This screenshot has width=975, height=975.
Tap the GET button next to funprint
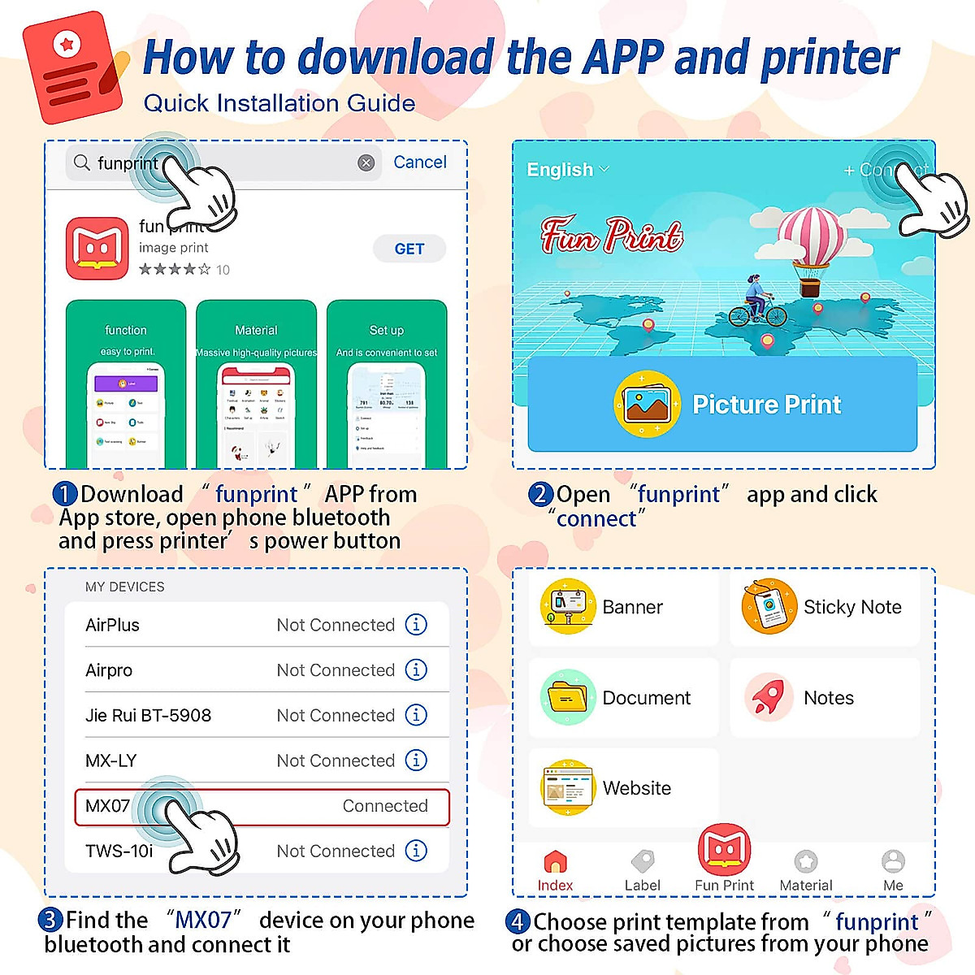point(409,249)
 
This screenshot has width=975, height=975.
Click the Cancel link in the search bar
point(419,162)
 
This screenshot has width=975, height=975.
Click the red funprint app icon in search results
point(97,249)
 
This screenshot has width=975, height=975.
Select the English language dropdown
point(567,170)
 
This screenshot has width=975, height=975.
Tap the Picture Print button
point(722,404)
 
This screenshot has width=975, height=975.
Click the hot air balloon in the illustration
point(812,244)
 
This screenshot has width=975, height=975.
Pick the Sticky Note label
point(852,607)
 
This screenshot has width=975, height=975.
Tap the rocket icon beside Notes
point(769,697)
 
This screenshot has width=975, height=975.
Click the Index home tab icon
point(555,861)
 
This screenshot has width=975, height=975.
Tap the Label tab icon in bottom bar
point(643,861)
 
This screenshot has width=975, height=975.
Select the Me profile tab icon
point(893,861)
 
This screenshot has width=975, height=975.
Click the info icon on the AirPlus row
point(416,625)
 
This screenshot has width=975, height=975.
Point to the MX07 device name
point(107,806)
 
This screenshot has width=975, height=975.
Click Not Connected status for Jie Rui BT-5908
point(336,715)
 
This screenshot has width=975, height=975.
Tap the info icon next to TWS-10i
point(416,851)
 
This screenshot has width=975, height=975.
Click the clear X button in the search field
point(366,163)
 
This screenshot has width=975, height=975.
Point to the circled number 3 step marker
point(50,920)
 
